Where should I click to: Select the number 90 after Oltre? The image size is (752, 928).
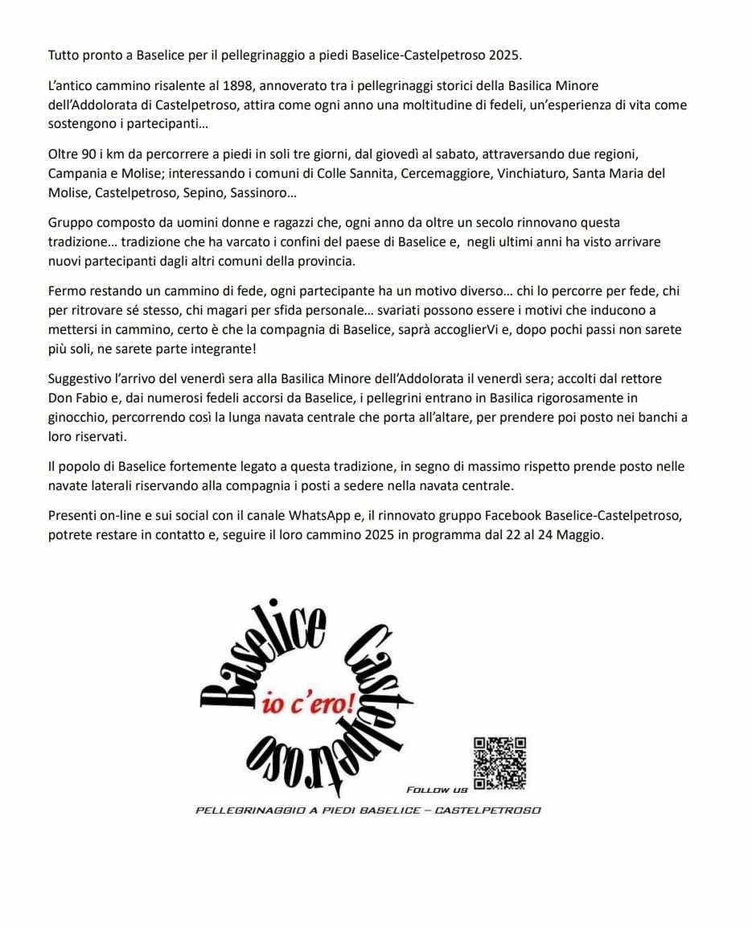click(x=84, y=153)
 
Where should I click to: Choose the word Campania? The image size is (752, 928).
click(x=75, y=173)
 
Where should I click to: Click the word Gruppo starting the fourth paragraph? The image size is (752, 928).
click(x=70, y=221)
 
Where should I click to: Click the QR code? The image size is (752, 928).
click(x=499, y=763)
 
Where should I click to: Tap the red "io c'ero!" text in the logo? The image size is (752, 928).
click(x=309, y=703)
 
